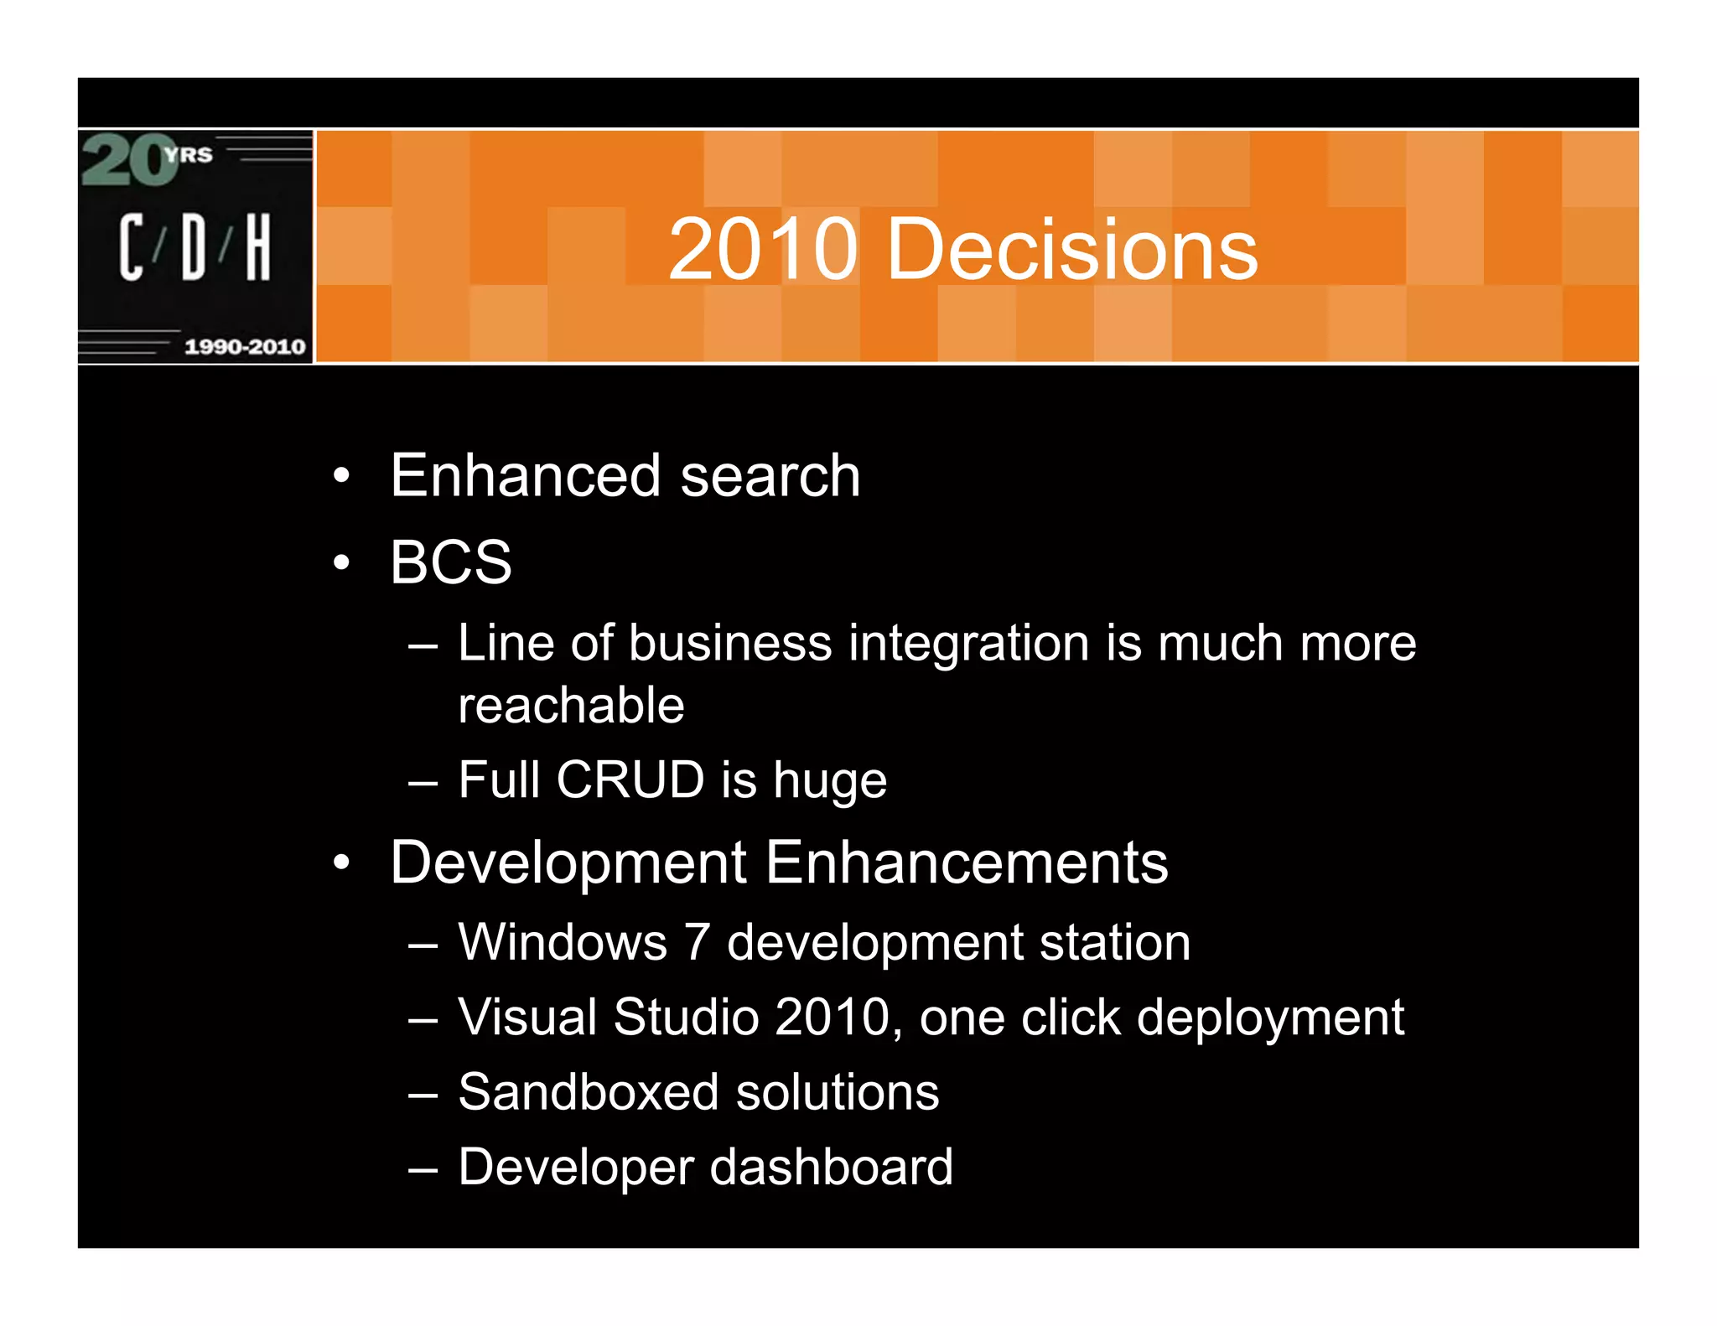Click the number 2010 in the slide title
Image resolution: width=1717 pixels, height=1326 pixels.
[763, 249]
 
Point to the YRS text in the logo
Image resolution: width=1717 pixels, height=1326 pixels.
[189, 154]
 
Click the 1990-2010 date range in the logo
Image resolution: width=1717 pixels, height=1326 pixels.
[244, 346]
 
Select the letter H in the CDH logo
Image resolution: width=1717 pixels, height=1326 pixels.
[258, 246]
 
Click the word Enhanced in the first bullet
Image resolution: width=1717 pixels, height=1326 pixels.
[526, 475]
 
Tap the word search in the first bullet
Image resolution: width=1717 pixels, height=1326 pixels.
[770, 475]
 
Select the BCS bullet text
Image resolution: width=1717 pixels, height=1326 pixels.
[451, 562]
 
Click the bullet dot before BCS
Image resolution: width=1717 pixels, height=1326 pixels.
[340, 562]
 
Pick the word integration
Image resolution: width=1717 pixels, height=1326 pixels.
[968, 643]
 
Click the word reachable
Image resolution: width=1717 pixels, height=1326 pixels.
[571, 705]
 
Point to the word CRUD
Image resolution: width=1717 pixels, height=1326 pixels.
[630, 780]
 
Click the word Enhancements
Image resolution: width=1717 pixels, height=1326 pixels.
[967, 862]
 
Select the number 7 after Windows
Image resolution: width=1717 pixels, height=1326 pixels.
[697, 942]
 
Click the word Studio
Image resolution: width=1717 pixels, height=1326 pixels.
[686, 1017]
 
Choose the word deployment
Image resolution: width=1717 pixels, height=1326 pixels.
[1269, 1018]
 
